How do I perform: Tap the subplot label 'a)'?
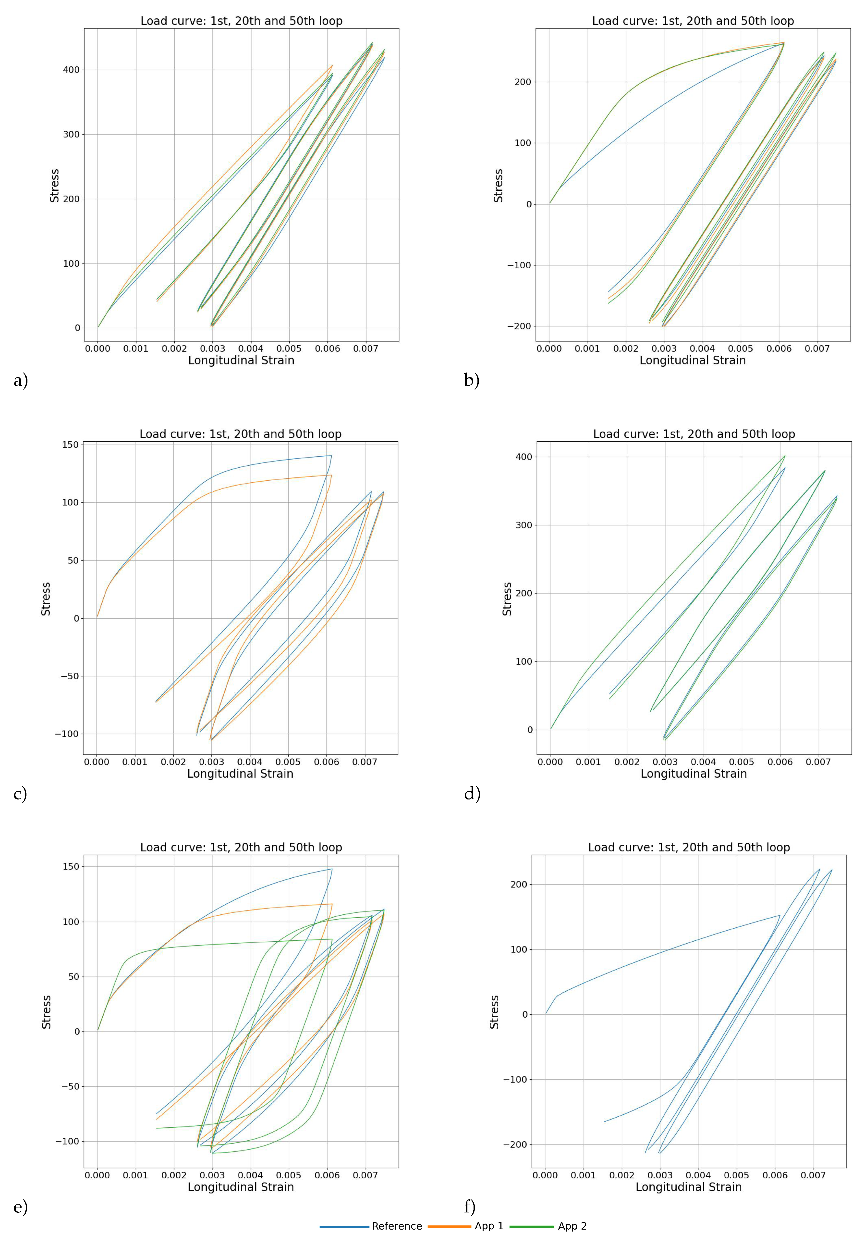point(21,381)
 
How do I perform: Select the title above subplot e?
point(241,848)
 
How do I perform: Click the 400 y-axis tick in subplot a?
point(71,70)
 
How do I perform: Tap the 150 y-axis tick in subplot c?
point(70,445)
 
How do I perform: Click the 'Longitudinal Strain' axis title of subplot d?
point(694,774)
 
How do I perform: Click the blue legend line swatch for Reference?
point(344,1226)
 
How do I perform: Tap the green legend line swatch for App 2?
point(532,1226)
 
